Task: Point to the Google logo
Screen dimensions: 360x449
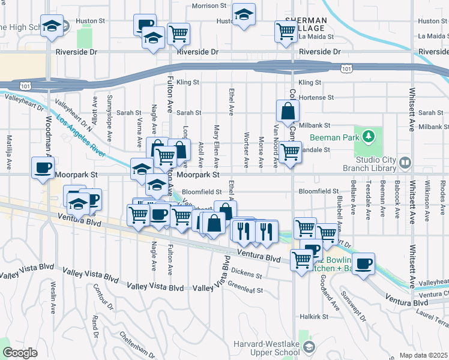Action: pos(19,353)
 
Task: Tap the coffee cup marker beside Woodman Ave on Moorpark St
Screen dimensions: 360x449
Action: pos(43,167)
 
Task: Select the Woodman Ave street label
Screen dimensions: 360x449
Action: pos(49,135)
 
